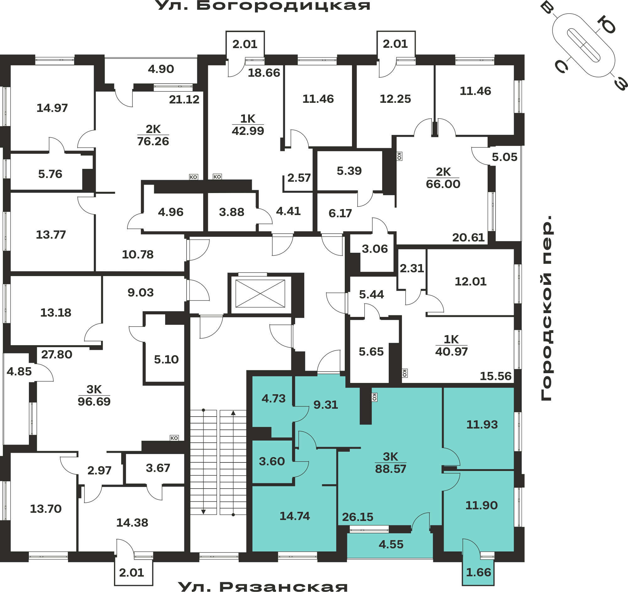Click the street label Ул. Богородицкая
point(263,6)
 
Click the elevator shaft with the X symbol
point(260,293)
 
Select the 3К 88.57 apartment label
point(390,463)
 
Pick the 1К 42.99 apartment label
point(248,124)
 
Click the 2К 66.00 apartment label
point(443,178)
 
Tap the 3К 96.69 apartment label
point(94,395)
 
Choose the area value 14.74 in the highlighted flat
point(295,516)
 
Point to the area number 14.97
point(52,108)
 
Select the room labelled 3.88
point(231,212)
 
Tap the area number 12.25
point(395,99)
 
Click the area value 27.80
point(57,355)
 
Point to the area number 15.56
point(495,376)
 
